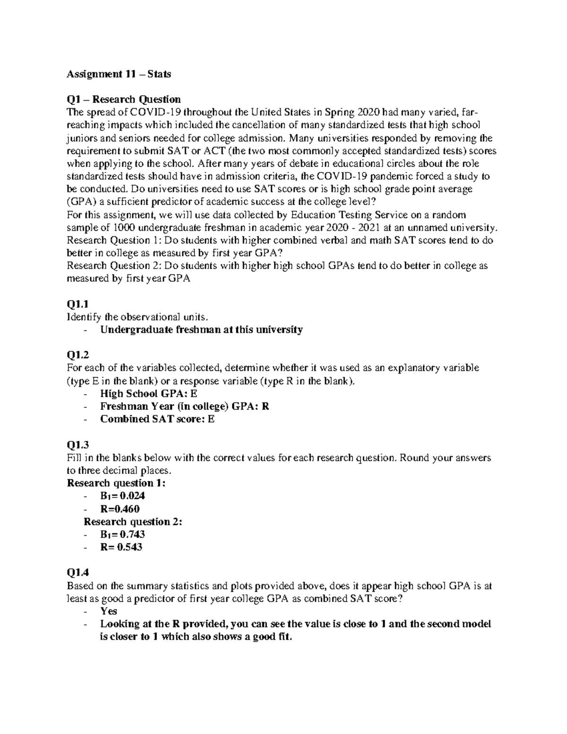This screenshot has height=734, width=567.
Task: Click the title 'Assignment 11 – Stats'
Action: [x=119, y=74]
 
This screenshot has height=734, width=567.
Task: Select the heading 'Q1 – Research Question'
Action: [x=124, y=99]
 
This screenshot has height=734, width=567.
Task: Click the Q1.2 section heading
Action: [x=77, y=355]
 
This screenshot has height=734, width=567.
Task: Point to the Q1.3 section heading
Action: [x=77, y=445]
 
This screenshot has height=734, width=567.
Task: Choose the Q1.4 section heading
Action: [x=77, y=573]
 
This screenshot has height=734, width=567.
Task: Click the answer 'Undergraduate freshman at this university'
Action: [x=201, y=330]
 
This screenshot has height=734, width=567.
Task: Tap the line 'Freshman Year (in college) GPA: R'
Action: [x=184, y=406]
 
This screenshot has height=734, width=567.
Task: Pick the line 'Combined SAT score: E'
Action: [x=157, y=419]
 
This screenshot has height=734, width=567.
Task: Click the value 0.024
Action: [x=133, y=496]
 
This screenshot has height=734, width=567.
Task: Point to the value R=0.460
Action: [x=120, y=509]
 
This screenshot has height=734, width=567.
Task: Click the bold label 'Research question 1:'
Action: [x=116, y=483]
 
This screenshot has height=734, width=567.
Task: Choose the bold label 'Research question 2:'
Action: [x=133, y=522]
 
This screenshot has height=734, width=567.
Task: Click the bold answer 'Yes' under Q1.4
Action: [x=109, y=611]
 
